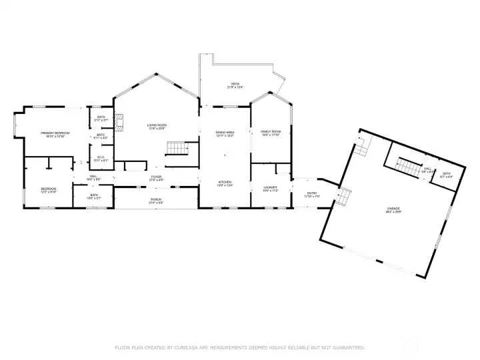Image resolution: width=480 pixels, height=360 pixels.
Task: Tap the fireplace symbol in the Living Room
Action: (x=119, y=122)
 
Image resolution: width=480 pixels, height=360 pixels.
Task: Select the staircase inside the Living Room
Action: (x=175, y=148)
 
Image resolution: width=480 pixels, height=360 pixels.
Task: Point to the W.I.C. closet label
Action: (x=101, y=158)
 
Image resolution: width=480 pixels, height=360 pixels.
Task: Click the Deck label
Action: (x=235, y=85)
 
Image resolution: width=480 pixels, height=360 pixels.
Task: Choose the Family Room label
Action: (x=270, y=131)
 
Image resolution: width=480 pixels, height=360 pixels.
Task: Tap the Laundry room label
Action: (x=270, y=187)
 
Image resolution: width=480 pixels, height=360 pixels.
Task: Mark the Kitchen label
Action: (x=225, y=182)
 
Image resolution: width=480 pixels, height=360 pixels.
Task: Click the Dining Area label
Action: (x=225, y=132)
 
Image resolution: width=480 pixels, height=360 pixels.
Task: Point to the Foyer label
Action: (x=157, y=177)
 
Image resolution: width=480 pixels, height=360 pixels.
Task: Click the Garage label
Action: (x=394, y=209)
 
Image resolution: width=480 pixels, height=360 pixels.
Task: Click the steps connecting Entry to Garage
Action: (x=344, y=197)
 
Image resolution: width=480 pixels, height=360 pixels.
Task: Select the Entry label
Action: (x=312, y=193)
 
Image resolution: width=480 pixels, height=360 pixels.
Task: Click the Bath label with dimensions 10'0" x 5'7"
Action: (x=94, y=195)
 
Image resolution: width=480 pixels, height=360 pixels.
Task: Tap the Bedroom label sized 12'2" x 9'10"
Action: (x=48, y=189)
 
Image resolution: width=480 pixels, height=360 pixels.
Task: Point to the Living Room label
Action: (x=157, y=125)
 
